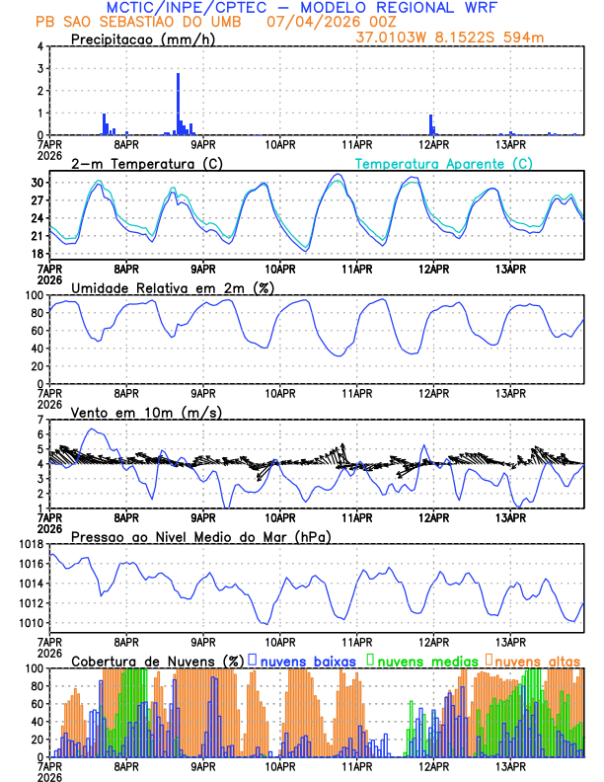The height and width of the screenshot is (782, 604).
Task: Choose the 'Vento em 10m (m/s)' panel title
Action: tap(146, 412)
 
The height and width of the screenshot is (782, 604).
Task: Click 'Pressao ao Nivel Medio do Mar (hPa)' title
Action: tap(200, 536)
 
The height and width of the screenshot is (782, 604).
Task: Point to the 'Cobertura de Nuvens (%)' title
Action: tap(158, 660)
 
